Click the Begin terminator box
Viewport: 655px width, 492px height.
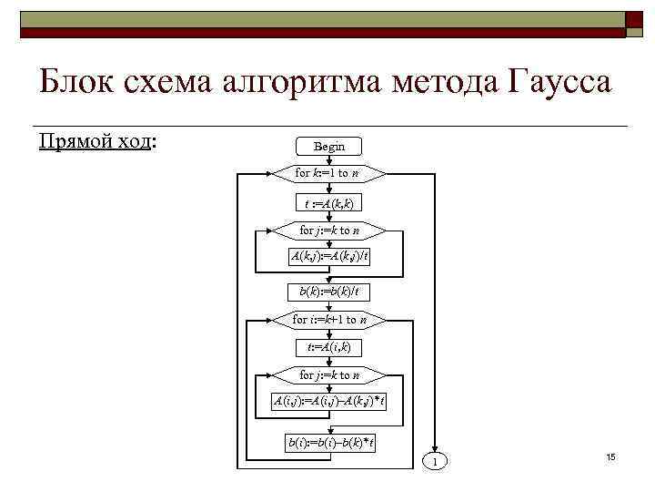click(329, 146)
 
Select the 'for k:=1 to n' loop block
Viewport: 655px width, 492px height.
click(329, 172)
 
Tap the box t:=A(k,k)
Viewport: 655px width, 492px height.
click(329, 201)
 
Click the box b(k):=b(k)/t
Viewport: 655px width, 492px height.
click(329, 291)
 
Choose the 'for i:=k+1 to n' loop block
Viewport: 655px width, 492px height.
click(329, 320)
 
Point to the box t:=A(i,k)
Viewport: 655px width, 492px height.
click(329, 347)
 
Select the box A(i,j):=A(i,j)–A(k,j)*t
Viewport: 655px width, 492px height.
click(329, 402)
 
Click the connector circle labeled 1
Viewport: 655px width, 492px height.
click(435, 463)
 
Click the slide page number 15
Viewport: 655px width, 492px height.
click(610, 456)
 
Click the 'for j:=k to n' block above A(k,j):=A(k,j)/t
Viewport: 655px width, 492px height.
click(329, 230)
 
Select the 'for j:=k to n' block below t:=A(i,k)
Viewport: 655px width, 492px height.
click(329, 374)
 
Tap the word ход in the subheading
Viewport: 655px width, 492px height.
click(133, 142)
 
